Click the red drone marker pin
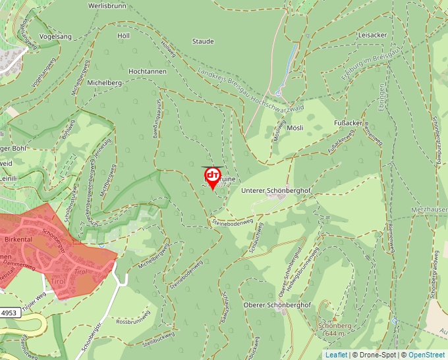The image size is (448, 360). click(212, 176)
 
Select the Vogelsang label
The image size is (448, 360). click(55, 37)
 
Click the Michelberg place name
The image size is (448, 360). click(105, 83)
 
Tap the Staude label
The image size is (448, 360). click(203, 41)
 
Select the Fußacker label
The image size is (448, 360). click(347, 123)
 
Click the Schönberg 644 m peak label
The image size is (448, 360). click(335, 329)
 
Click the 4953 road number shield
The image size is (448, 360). click(10, 314)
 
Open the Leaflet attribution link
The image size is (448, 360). click(335, 355)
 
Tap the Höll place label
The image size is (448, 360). click(124, 36)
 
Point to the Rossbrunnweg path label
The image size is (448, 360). click(134, 322)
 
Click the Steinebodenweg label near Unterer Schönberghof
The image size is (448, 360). click(233, 223)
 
